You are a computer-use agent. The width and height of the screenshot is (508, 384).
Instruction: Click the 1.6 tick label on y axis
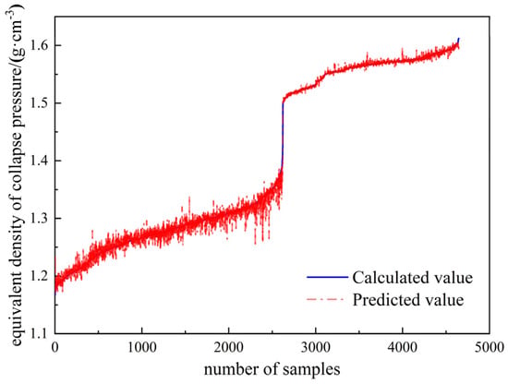[x=40, y=45]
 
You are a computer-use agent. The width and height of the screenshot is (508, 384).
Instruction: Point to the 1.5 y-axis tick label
[x=40, y=103]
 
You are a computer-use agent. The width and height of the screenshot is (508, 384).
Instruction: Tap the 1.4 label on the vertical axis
[x=40, y=161]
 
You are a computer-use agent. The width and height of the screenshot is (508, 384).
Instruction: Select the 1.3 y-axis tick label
[x=40, y=218]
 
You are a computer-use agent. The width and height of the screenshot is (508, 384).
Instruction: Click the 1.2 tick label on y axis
[x=40, y=276]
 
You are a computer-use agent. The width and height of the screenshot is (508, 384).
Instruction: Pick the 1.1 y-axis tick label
[x=40, y=333]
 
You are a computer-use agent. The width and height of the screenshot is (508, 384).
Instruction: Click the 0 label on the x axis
[x=54, y=348]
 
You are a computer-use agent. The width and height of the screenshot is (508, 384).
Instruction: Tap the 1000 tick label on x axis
[x=142, y=348]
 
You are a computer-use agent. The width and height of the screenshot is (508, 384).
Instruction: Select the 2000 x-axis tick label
[x=229, y=348]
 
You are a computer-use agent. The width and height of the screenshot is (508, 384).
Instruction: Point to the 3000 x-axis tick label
[x=316, y=348]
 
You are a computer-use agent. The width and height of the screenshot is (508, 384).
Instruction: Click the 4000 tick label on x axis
[x=403, y=348]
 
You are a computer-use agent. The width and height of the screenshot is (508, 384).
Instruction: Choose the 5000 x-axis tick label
[x=490, y=348]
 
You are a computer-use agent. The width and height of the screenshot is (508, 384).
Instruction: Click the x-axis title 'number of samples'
[x=272, y=369]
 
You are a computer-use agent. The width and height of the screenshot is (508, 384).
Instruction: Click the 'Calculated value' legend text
[x=413, y=278]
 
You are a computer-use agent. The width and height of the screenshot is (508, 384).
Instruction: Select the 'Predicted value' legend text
[x=408, y=299]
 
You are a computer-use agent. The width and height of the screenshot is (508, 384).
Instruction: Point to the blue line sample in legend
[x=327, y=277]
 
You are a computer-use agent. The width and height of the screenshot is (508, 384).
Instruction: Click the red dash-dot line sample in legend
[x=325, y=299]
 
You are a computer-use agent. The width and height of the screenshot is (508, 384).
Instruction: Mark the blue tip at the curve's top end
[x=458, y=38]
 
